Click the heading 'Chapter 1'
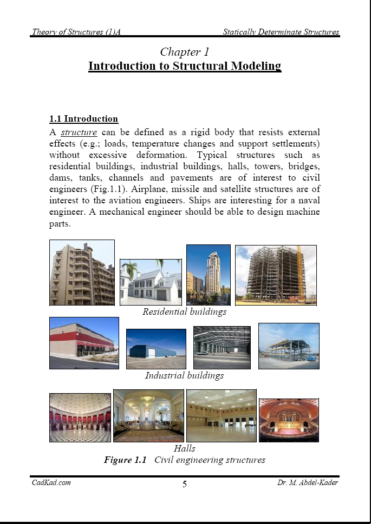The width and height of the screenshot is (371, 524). point(185,52)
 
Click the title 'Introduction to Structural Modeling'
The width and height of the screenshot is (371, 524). point(185,66)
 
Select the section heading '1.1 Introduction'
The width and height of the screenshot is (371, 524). point(83,119)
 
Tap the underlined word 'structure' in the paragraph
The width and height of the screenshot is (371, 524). point(79,132)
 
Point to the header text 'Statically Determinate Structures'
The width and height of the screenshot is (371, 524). point(281,32)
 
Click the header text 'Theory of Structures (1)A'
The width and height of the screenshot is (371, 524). point(76,32)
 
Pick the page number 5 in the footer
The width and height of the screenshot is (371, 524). point(185,484)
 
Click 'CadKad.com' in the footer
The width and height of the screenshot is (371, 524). point(51,482)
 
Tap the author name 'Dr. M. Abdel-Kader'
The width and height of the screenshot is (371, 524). point(304,482)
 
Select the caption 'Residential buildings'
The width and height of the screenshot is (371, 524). point(185,312)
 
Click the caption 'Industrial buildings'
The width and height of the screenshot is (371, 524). point(185,375)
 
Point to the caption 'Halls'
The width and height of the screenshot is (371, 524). point(185,448)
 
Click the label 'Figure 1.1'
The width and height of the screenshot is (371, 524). point(126,460)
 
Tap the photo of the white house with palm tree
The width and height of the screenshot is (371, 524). point(151,282)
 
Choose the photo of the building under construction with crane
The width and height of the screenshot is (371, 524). point(276,275)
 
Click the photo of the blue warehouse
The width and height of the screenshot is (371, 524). point(156,349)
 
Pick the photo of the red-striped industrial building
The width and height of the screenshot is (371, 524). point(84,343)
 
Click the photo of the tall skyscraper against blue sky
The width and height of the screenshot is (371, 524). point(209,275)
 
